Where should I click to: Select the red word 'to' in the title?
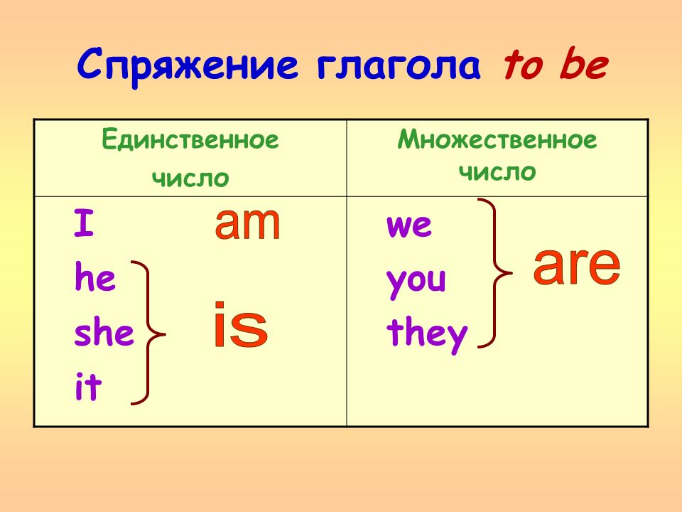(526, 66)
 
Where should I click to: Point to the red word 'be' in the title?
(584, 66)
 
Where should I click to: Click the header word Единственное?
(190, 140)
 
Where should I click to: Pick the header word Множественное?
(497, 140)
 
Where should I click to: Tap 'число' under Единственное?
(190, 177)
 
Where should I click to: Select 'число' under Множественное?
(497, 171)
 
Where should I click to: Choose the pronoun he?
(94, 279)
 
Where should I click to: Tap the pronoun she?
(104, 334)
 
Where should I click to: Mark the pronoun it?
(88, 388)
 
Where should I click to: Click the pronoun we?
(408, 226)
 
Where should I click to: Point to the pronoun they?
(427, 334)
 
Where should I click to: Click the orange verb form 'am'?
(247, 223)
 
